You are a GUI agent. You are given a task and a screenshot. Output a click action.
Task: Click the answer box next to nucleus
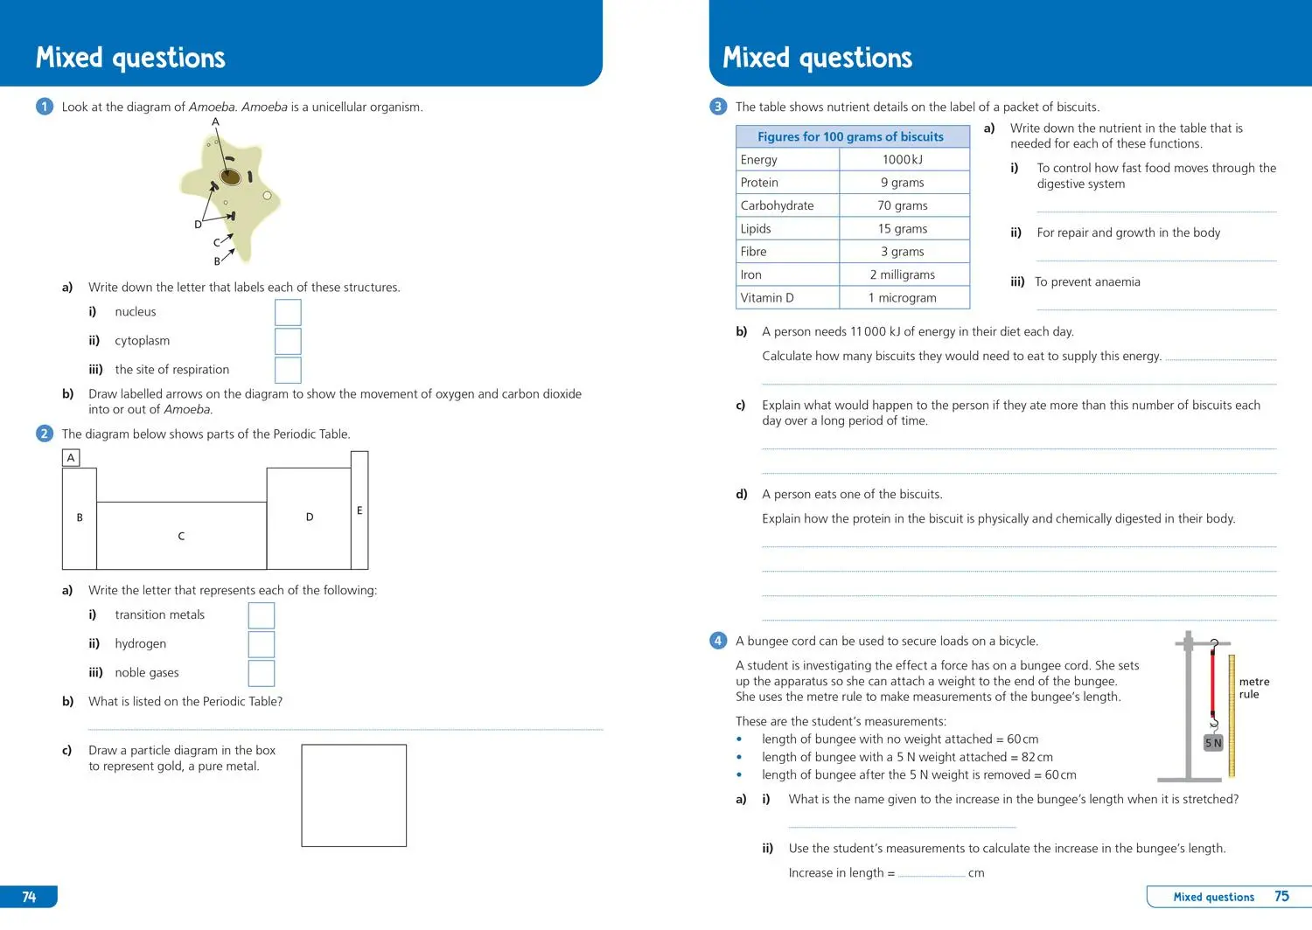coord(288,312)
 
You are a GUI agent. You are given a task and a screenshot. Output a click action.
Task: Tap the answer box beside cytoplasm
coord(288,341)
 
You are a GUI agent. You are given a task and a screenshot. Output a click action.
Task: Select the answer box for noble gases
coord(262,673)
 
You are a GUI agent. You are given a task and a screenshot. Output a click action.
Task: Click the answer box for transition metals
coord(262,615)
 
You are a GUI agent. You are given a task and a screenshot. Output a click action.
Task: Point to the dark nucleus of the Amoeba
coord(230,177)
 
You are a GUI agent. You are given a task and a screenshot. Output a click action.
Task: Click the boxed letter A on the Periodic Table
coord(71,458)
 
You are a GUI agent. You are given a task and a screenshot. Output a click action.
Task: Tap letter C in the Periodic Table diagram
coord(181,536)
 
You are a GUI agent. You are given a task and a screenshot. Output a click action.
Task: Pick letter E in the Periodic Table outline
coord(359,510)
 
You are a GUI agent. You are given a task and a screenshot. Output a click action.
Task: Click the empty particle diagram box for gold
coord(353,795)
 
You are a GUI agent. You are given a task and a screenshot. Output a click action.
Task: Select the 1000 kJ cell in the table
coord(903,160)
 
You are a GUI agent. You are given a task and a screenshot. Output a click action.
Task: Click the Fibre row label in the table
coord(753,252)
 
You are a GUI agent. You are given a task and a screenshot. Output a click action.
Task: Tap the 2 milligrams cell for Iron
coord(903,274)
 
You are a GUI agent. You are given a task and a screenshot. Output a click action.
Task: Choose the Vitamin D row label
coord(767,298)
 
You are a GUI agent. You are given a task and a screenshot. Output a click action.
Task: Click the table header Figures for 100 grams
coord(851,136)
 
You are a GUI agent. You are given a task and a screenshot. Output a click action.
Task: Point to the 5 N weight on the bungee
coord(1213,743)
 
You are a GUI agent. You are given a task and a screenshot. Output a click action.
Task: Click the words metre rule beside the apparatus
coord(1253,688)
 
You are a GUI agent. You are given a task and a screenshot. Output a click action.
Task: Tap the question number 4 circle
coord(718,641)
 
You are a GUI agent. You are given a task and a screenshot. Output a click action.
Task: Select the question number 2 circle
coord(45,434)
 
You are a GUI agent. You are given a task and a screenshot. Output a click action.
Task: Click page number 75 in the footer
coord(1281,896)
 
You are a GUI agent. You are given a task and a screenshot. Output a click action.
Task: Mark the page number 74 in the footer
coord(29,897)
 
